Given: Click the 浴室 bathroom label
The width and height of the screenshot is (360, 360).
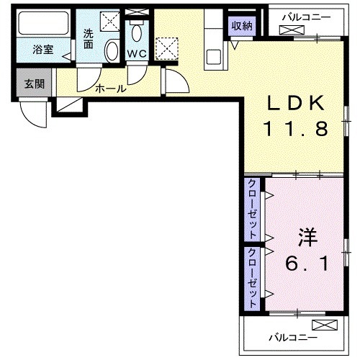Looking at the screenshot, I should pyautogui.click(x=42, y=51).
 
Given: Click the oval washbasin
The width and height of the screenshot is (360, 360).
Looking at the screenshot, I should pyautogui.click(x=112, y=51).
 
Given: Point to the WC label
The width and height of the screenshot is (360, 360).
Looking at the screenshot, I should pyautogui.click(x=137, y=54).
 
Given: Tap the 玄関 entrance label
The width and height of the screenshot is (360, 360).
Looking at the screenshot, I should pyautogui.click(x=34, y=84).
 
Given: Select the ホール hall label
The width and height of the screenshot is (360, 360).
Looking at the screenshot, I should pyautogui.click(x=110, y=89).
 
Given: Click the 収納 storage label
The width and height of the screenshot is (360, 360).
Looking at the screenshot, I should pyautogui.click(x=241, y=26).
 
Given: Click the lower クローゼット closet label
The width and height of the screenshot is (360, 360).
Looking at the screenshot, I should pyautogui.click(x=253, y=278).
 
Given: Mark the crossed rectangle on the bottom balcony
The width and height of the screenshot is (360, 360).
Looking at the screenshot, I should pyautogui.click(x=323, y=325).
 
